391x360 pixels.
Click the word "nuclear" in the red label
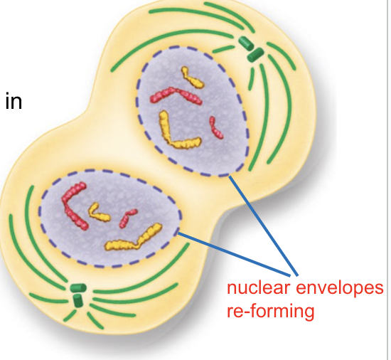point(259,287)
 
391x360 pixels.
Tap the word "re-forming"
point(271,312)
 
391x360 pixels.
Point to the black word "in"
point(14,100)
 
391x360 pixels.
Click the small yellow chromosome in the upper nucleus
point(193,78)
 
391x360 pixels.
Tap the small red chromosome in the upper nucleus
point(215,127)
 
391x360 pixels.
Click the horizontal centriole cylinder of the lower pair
point(78,288)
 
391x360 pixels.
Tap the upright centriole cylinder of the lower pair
point(78,301)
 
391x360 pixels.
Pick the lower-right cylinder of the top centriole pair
point(255,55)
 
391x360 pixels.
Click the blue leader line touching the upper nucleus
point(263,226)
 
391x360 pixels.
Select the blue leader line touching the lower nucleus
point(234,254)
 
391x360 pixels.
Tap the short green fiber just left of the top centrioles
point(223,49)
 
